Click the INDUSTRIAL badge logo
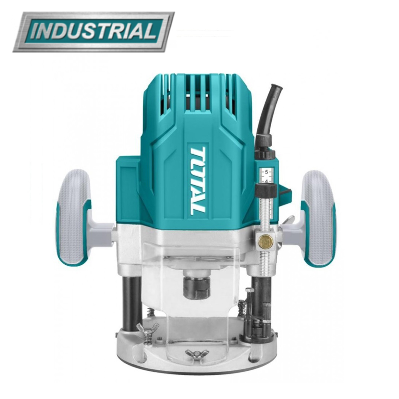pos(93,32)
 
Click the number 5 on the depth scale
pos(266,172)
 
